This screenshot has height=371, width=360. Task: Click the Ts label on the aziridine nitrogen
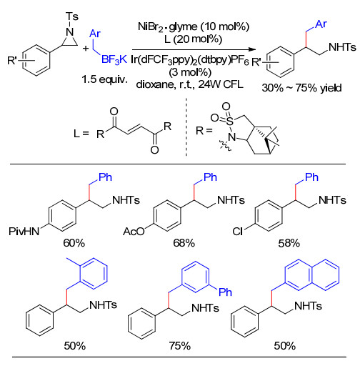[72, 16]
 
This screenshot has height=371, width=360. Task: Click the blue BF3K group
[114, 59]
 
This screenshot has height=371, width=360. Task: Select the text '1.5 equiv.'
[104, 79]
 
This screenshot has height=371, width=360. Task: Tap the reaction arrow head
[251, 49]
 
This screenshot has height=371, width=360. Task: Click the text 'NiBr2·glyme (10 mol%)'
[194, 26]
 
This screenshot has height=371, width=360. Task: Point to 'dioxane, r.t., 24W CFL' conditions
[190, 84]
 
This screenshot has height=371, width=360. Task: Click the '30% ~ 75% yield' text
[301, 88]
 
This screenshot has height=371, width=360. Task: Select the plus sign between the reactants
[86, 49]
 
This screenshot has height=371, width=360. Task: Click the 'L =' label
[81, 134]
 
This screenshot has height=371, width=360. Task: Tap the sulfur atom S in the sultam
[229, 122]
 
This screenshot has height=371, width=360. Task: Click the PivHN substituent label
[24, 231]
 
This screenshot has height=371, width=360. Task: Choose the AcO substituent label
[134, 231]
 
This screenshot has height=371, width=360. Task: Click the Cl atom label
[238, 231]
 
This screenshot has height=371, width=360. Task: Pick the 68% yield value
[184, 243]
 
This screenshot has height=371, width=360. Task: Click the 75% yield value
[180, 346]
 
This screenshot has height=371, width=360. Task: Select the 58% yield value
[289, 243]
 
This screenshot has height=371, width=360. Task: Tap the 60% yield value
[74, 243]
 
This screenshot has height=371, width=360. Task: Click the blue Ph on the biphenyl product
[225, 292]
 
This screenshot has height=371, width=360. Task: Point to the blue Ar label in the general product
[321, 24]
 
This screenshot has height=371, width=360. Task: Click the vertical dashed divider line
[186, 127]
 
